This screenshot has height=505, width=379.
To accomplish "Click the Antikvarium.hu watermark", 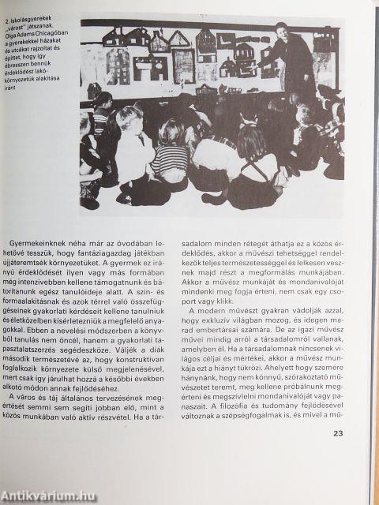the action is pos(49,495).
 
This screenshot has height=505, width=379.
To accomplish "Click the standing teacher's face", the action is pos(282,32).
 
